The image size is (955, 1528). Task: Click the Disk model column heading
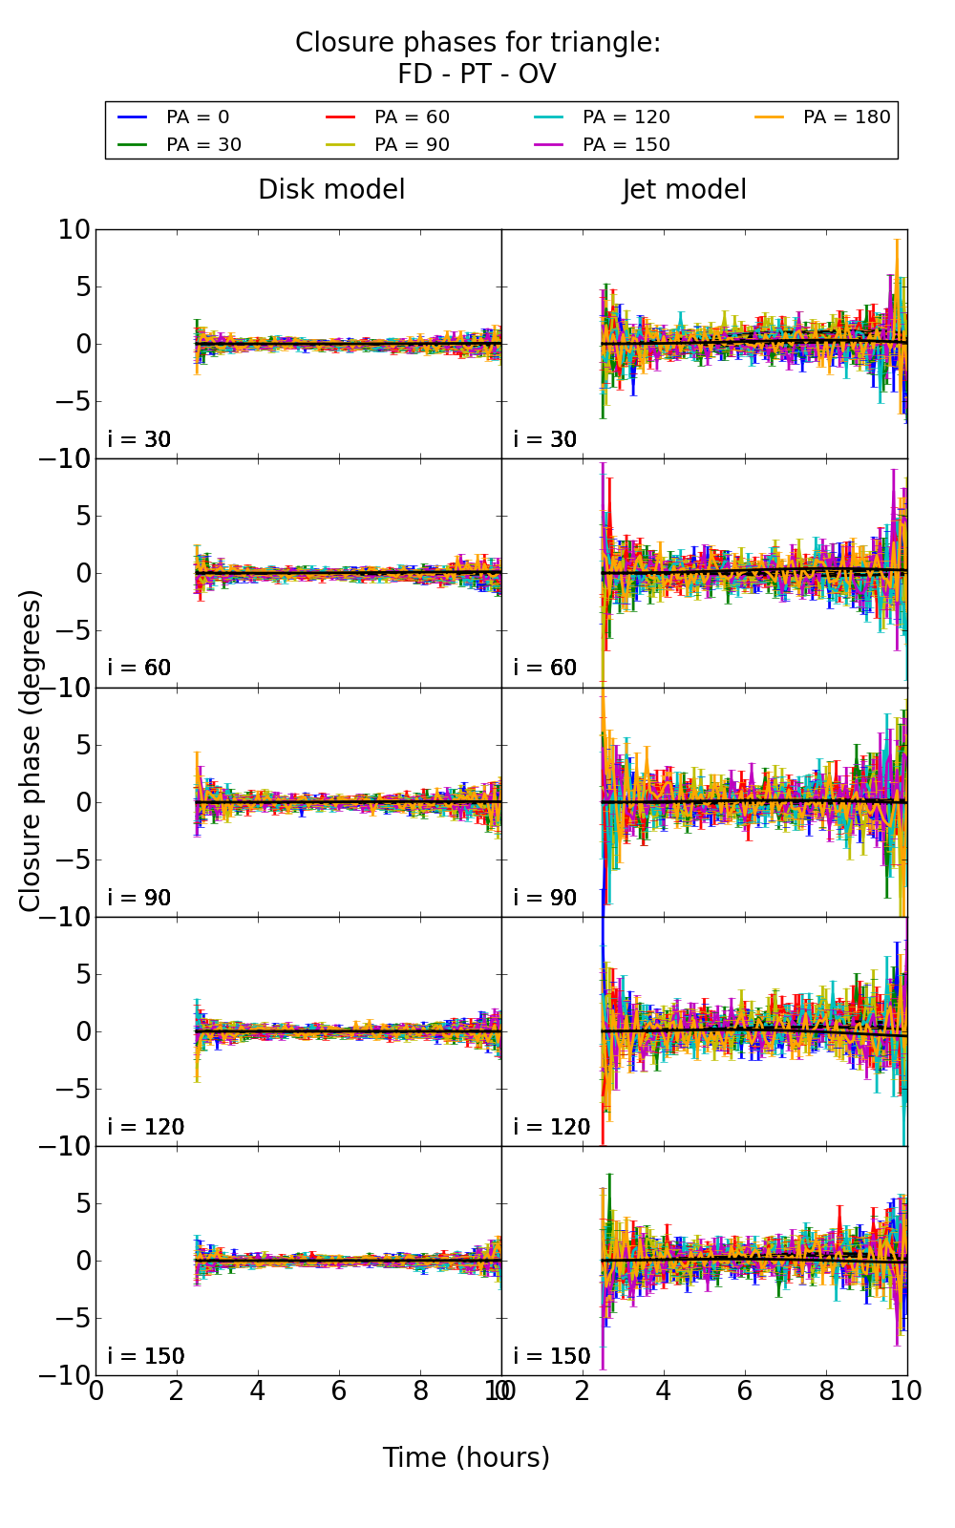tap(331, 190)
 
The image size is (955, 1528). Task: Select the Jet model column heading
tap(684, 190)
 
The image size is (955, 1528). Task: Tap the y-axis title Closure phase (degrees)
tap(31, 750)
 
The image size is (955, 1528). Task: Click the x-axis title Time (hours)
tap(466, 1457)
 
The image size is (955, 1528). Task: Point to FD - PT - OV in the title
tap(477, 74)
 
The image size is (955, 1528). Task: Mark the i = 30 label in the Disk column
tap(139, 440)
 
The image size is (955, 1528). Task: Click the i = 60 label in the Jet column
tap(545, 668)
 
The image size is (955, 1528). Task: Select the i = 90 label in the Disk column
tap(139, 898)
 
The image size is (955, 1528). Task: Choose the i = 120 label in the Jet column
tap(551, 1127)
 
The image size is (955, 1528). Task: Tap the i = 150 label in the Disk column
tap(145, 1356)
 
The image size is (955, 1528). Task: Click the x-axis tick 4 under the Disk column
tap(257, 1391)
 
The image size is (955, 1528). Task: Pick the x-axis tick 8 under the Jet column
tap(826, 1391)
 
